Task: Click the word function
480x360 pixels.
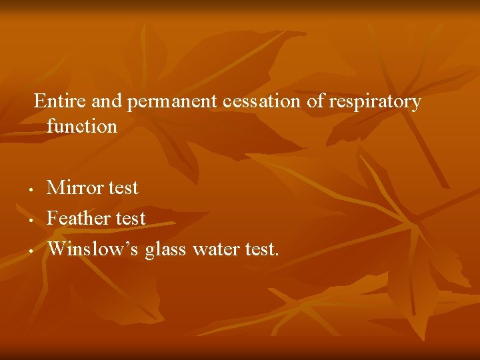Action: tap(81, 125)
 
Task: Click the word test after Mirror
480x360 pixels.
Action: tap(123, 188)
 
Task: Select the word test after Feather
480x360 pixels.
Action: tap(131, 218)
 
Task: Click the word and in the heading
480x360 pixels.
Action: tap(107, 101)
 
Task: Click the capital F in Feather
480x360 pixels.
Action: tap(52, 217)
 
